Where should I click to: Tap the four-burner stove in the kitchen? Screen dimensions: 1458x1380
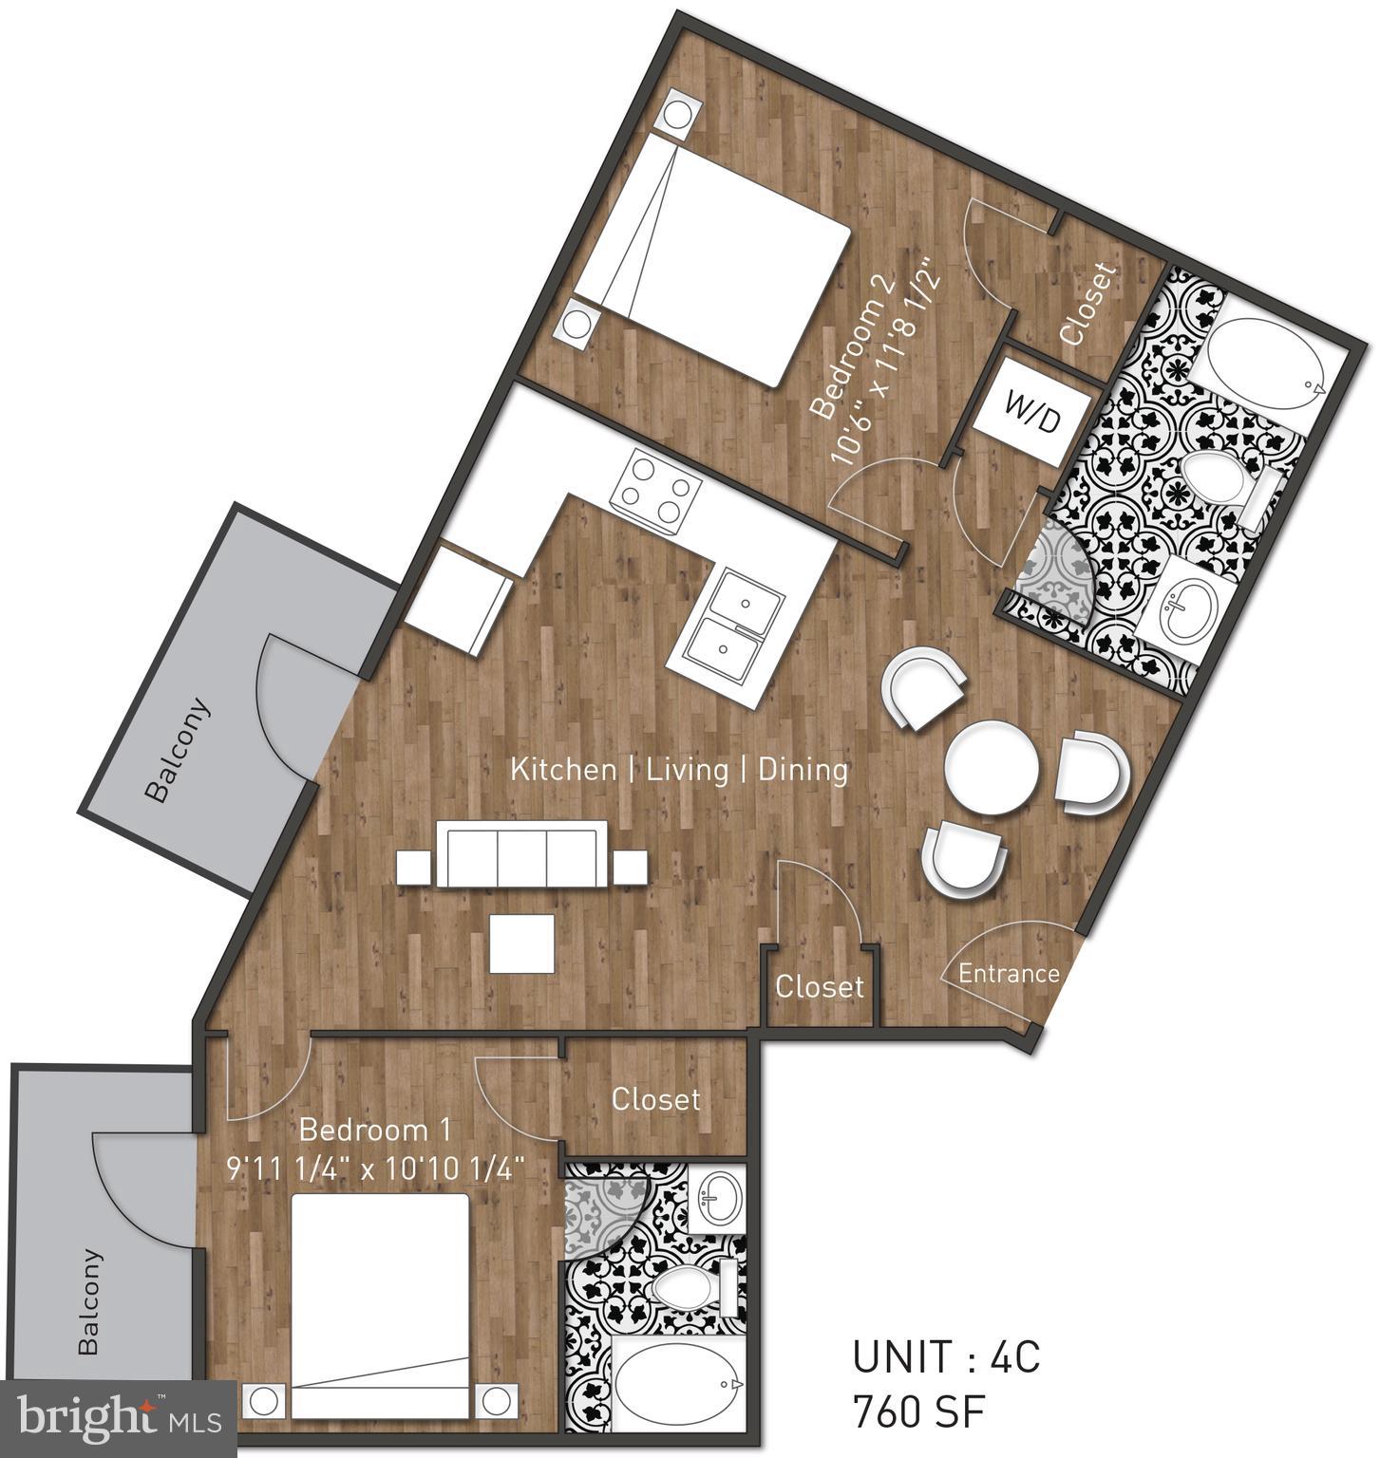[655, 492]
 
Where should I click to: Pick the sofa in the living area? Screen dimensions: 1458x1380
[520, 855]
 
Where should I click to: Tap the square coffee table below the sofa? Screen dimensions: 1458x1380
[521, 943]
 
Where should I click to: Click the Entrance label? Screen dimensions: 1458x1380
[1009, 973]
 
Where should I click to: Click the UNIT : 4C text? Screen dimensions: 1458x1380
[946, 1357]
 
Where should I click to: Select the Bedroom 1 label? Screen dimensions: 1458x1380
[375, 1130]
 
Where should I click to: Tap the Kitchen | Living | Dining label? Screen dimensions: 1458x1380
[679, 769]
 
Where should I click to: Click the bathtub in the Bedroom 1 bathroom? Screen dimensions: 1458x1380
[680, 1385]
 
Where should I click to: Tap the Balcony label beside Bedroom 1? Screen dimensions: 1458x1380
[88, 1301]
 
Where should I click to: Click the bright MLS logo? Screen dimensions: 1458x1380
[118, 1419]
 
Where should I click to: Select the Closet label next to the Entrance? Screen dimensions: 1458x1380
[820, 987]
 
